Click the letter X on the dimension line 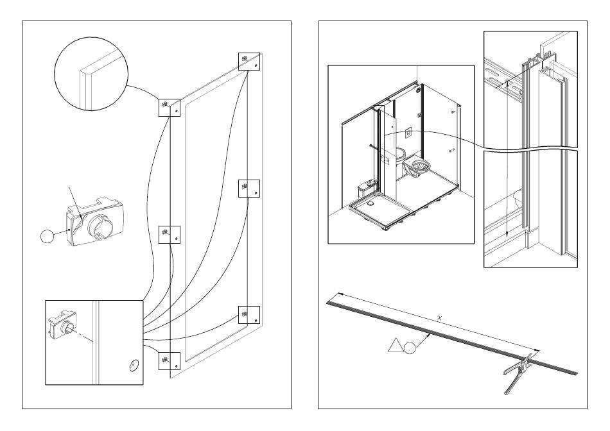click(440, 318)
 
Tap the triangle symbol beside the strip click(395, 346)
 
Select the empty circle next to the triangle click(410, 348)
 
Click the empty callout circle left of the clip click(48, 236)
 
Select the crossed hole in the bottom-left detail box click(134, 366)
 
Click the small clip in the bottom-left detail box click(62, 321)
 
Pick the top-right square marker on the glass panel click(249, 62)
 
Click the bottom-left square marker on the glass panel click(170, 361)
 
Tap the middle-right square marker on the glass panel click(249, 189)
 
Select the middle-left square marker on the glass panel click(170, 234)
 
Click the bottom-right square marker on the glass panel click(249, 315)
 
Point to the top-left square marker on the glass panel click(170, 108)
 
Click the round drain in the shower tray click(370, 202)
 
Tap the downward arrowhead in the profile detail click(507, 234)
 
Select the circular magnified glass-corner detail click(91, 74)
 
